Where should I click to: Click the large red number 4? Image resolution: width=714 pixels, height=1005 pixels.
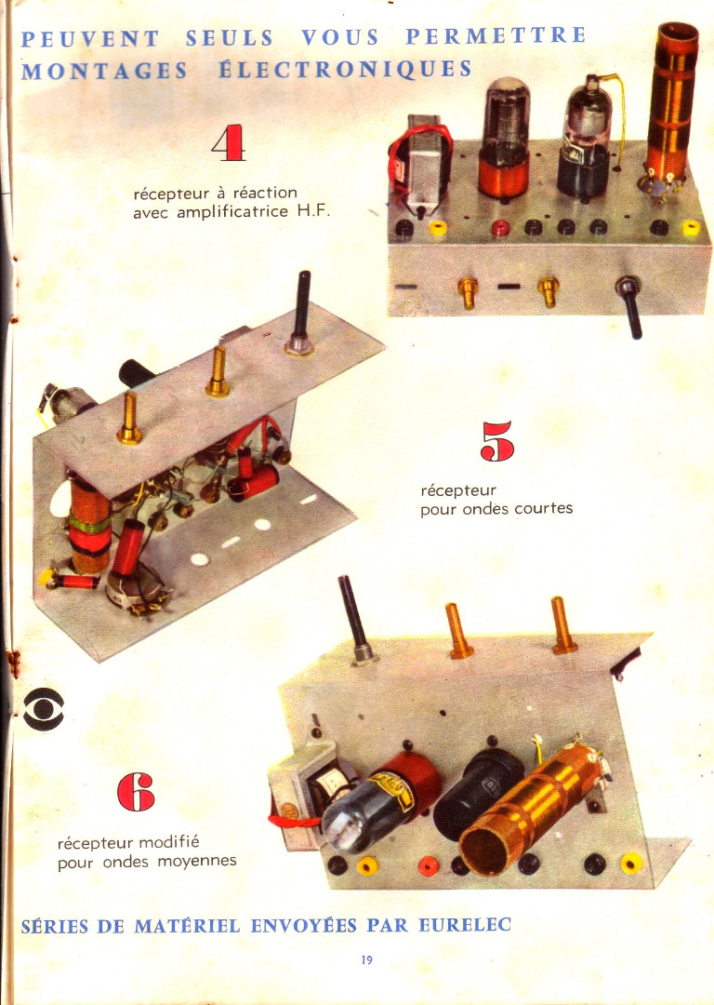tap(229, 141)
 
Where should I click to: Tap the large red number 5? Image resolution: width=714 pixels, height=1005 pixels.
tap(497, 441)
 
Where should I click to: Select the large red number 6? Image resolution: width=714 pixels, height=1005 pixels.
tap(136, 792)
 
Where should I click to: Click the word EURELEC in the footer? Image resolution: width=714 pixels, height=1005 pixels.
tap(465, 924)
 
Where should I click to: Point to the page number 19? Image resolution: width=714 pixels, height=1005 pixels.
tap(367, 959)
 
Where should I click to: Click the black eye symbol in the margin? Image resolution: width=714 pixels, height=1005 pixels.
tap(44, 709)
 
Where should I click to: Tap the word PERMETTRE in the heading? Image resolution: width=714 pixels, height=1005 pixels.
tap(496, 35)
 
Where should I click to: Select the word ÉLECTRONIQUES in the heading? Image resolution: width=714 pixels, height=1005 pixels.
tap(345, 69)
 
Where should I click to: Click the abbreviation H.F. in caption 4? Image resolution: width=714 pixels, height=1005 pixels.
tap(314, 211)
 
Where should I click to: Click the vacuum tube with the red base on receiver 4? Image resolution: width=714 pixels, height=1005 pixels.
tap(505, 138)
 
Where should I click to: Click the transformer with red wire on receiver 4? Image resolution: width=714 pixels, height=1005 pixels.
tap(419, 164)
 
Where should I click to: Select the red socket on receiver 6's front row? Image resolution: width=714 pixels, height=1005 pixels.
tap(429, 866)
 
